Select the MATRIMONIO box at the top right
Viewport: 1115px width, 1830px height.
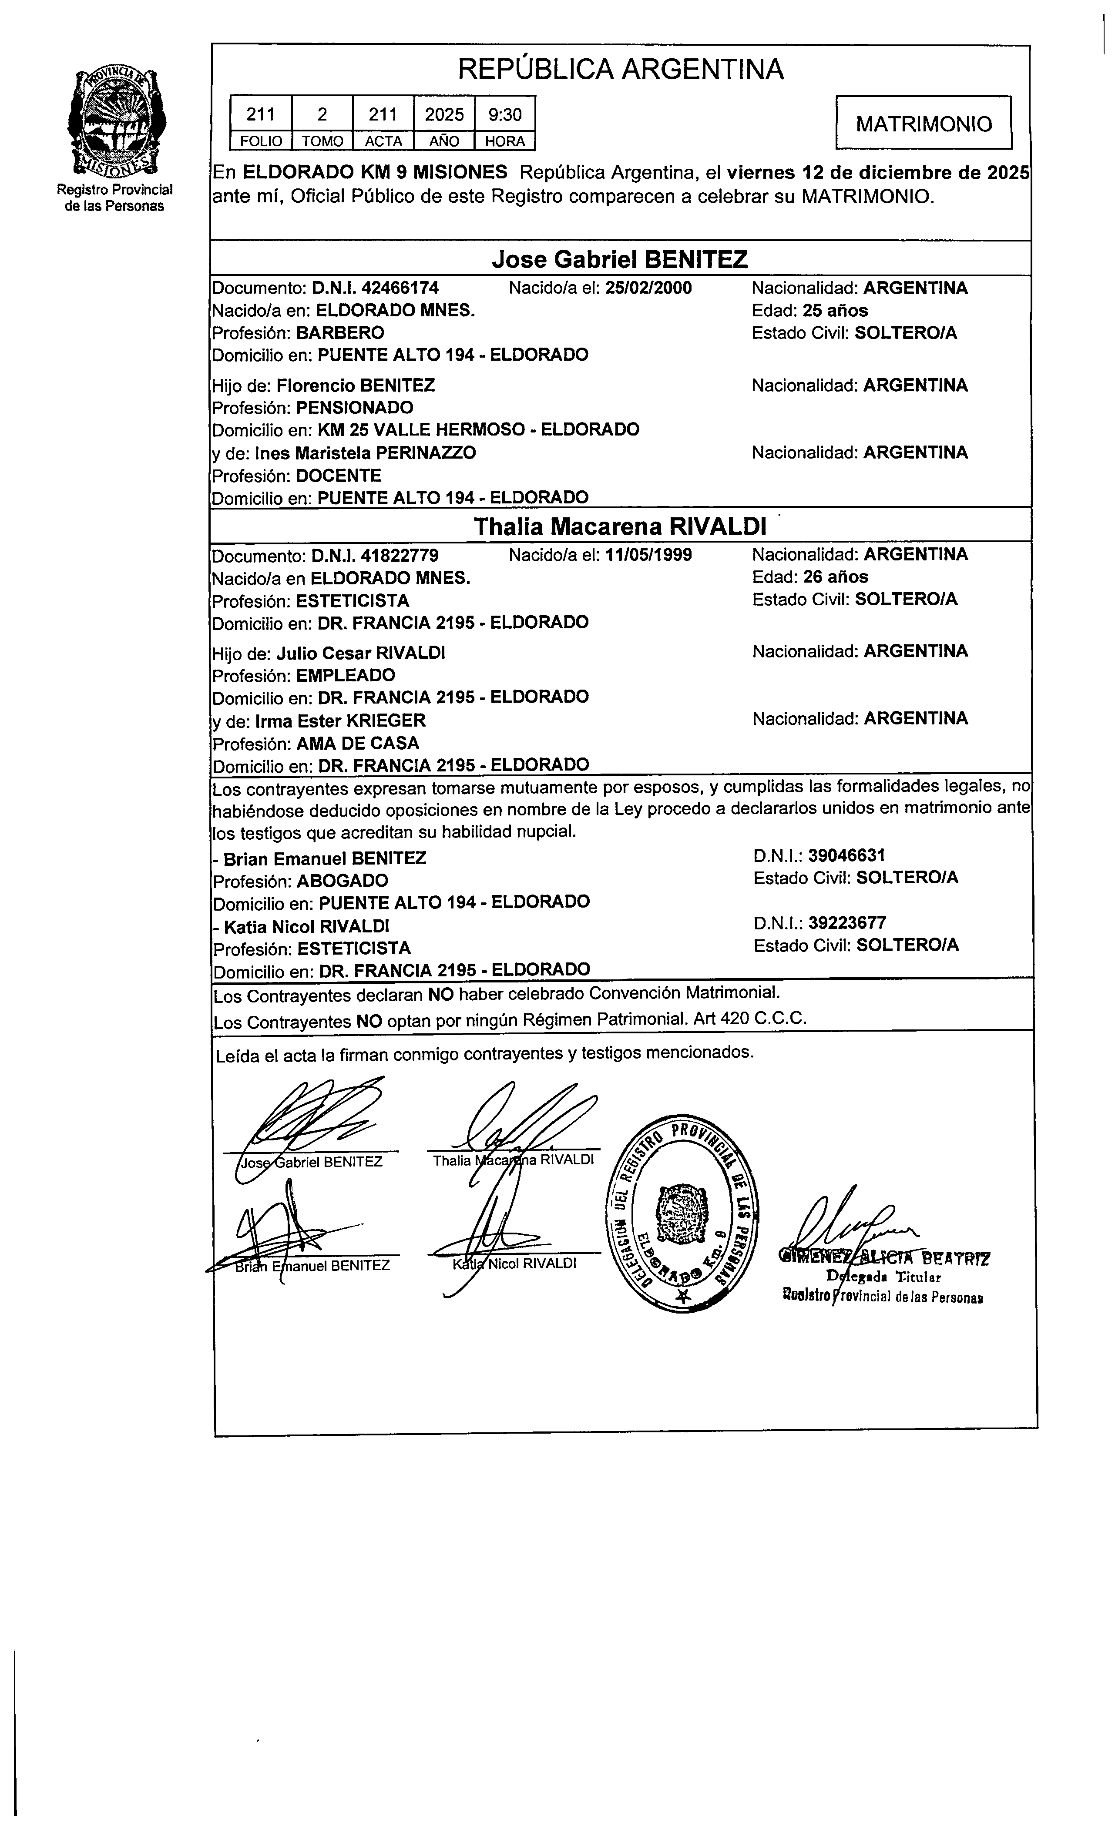[924, 123]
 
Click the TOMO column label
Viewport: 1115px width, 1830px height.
[322, 141]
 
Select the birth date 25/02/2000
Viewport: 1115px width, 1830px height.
[648, 288]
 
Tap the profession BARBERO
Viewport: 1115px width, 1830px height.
[340, 333]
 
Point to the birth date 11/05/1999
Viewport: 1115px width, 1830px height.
[648, 555]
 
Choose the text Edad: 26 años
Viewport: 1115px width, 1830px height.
[809, 577]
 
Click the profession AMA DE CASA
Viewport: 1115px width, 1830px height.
[358, 744]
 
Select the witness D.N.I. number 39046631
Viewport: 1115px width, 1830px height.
[847, 855]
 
